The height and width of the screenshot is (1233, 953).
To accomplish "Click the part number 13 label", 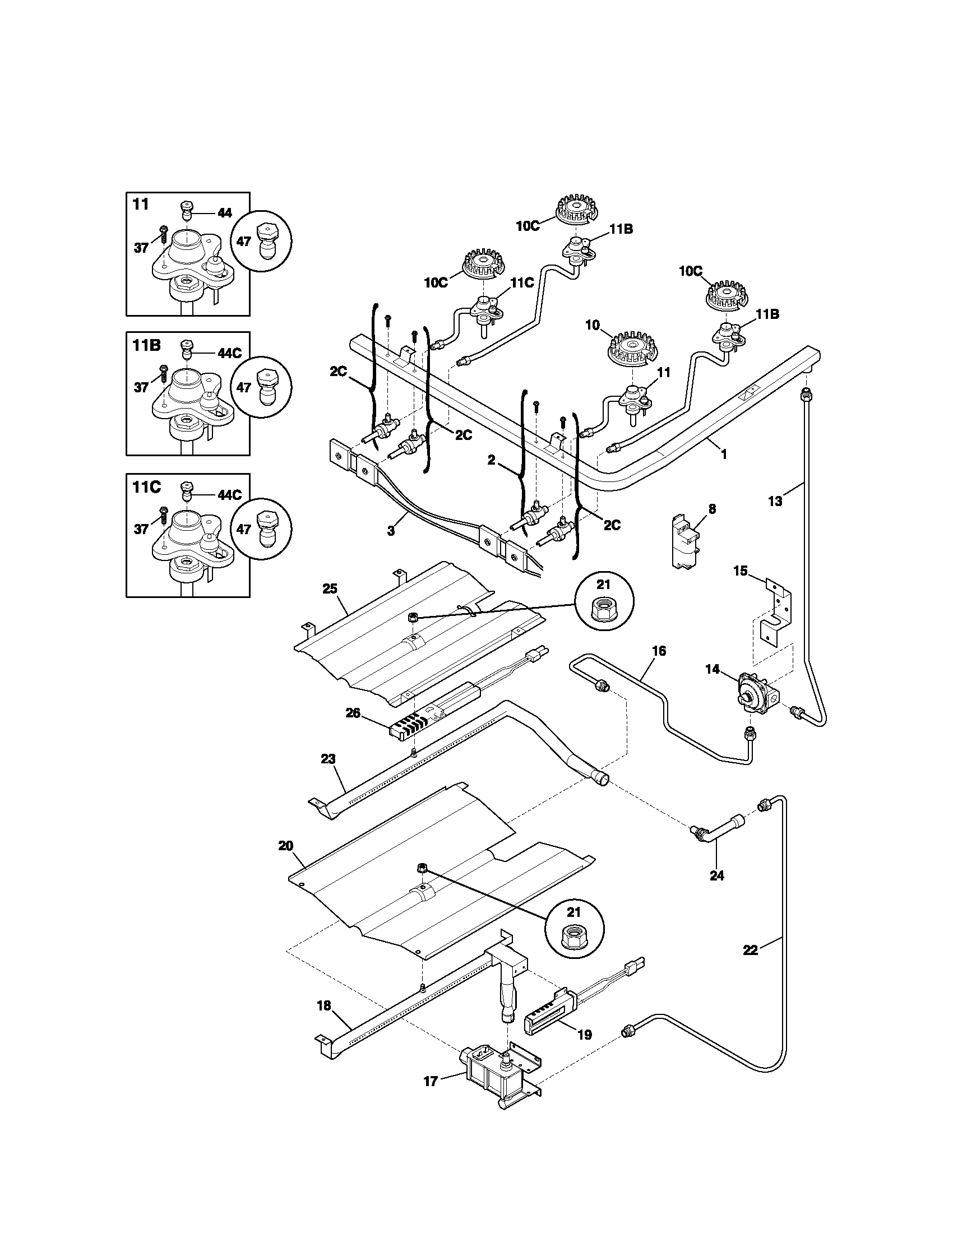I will pos(775,500).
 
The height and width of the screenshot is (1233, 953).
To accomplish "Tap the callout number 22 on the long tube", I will pos(750,951).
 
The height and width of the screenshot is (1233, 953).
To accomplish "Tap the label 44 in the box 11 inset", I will pos(224,213).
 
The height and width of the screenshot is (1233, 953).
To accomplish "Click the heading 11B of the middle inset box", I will pos(147,345).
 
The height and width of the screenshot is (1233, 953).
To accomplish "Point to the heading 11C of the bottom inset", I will pos(147,486).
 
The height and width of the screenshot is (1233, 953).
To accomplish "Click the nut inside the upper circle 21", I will pos(604,609).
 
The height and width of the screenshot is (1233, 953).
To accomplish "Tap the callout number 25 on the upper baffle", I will pos(330,589).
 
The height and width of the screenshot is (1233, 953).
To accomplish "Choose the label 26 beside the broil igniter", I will pos(353,713).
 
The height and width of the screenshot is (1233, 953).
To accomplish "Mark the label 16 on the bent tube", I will pos(659,651).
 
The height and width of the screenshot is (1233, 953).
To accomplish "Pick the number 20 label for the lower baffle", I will pos(286,861).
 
